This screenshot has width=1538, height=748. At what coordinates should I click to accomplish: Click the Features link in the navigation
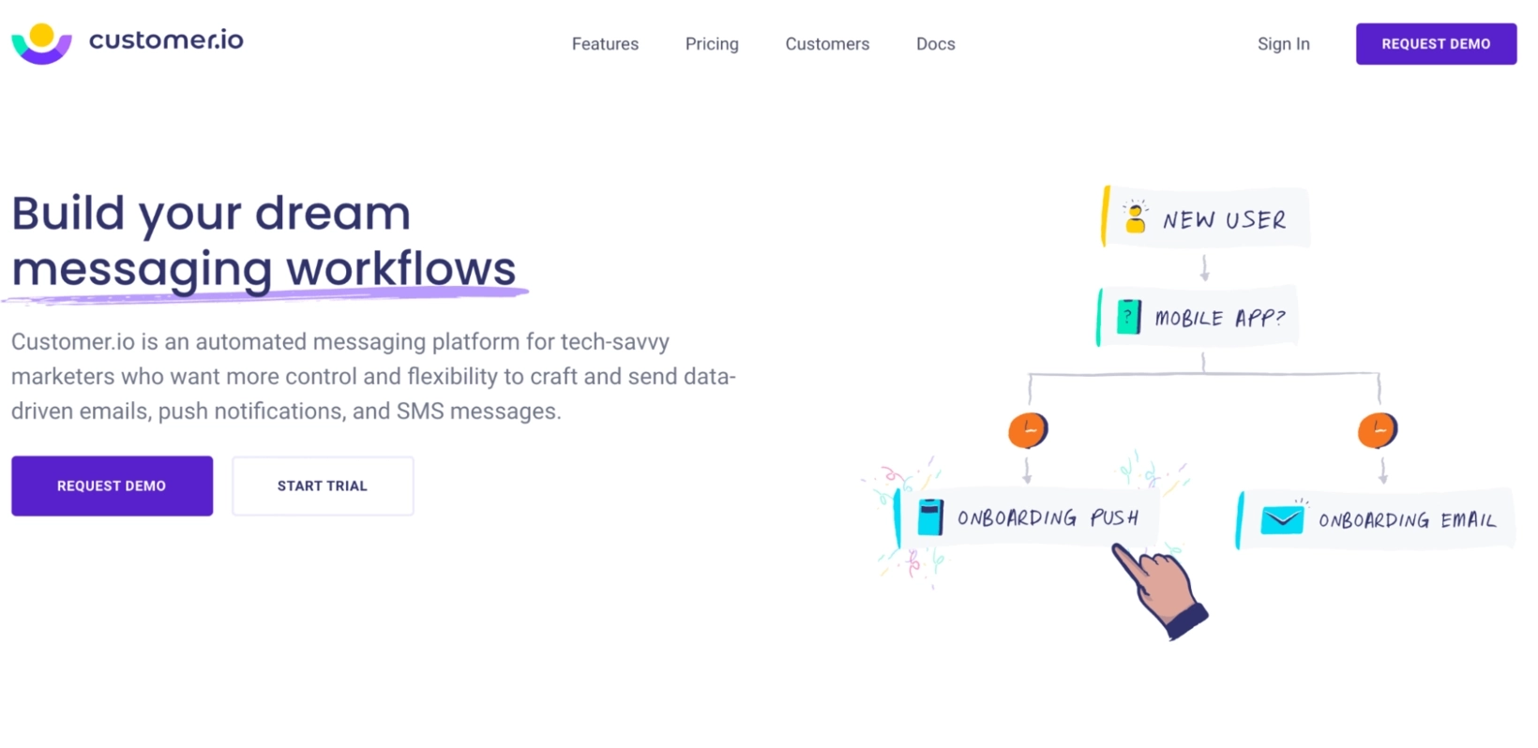coord(605,44)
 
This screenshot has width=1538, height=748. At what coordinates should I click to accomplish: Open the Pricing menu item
coord(712,44)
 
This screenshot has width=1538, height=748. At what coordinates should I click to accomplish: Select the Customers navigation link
coord(827,44)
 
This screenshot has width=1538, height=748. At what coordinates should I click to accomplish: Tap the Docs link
coord(935,44)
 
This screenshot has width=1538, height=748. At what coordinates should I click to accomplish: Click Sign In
coord(1283,44)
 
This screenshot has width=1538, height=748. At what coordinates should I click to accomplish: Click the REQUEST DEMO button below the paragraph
coord(112,486)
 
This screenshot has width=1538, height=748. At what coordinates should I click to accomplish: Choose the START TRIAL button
coord(323,486)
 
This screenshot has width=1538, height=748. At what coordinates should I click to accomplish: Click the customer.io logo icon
coord(41,43)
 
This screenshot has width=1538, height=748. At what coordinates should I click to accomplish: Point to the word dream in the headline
coord(332,214)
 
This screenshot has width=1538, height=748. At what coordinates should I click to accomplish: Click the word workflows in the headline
coord(400,269)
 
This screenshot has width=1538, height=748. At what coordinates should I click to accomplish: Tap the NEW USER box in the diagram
coord(1206,217)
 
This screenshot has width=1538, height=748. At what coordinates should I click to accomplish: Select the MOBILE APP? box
coord(1199,318)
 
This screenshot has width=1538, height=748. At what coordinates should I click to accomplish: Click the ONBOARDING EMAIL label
coord(1407,520)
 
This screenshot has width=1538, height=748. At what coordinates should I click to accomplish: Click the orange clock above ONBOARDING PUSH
coord(1028,430)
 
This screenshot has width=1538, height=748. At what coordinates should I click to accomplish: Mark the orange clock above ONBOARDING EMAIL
coord(1378,430)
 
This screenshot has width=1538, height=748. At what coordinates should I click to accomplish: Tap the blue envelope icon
coord(1282,519)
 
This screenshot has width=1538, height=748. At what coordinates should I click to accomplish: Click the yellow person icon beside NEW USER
coord(1135,217)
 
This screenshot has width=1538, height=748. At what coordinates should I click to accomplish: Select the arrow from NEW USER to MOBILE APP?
coord(1205,268)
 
